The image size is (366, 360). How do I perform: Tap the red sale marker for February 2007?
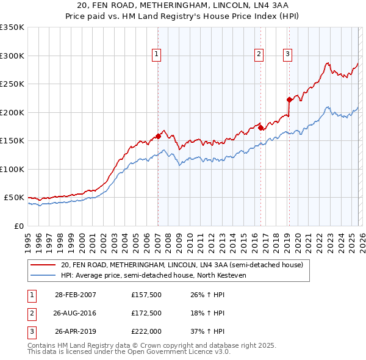point(158,136)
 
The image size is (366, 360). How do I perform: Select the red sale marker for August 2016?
point(260,128)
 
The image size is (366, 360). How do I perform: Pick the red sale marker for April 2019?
point(289,99)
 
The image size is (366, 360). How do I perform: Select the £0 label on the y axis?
point(18,226)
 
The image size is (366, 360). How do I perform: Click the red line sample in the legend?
point(44,265)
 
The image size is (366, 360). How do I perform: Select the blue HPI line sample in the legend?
point(44,275)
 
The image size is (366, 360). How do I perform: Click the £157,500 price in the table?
point(146,295)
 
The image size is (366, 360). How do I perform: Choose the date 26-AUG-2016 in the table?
point(76,314)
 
